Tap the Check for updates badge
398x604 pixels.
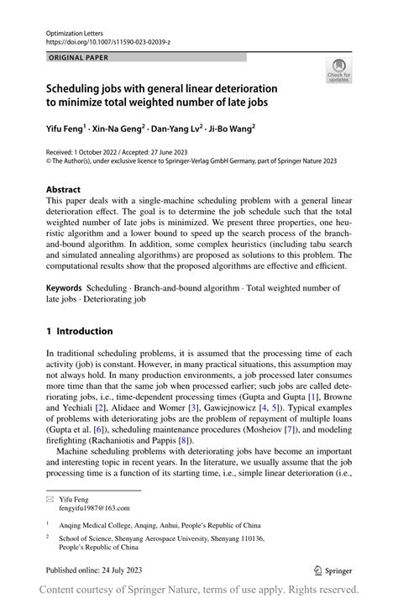point(339,70)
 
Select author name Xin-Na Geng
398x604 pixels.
point(121,129)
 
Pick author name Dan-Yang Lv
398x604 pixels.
point(180,129)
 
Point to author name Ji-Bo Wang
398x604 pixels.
point(233,129)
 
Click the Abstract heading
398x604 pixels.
point(63,190)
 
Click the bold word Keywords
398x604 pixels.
point(64,288)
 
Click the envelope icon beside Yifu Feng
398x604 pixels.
point(50,499)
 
